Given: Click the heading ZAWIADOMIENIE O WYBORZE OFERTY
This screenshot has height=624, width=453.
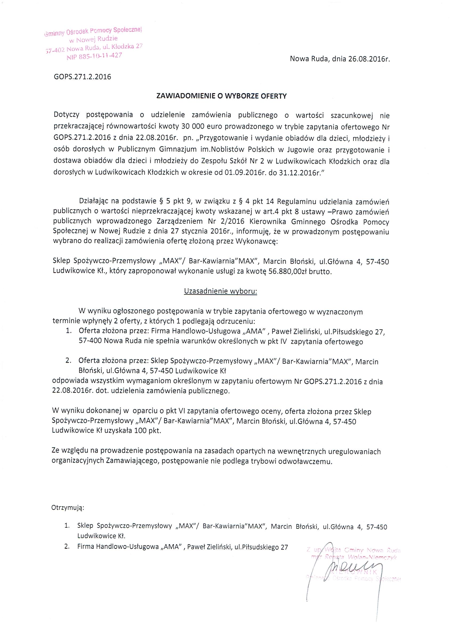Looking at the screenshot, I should click(x=221, y=96).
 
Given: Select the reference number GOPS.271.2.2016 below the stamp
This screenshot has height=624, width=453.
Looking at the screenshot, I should click(x=83, y=77).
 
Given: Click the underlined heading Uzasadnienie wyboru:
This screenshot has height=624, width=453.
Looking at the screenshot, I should click(x=220, y=291).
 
